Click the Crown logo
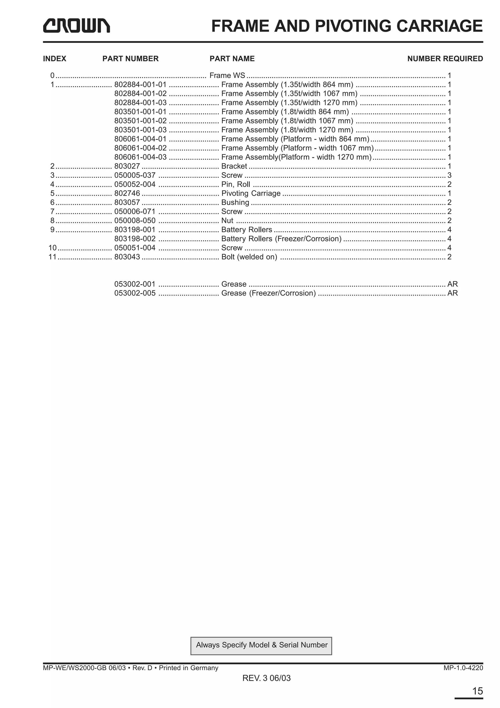click(76, 26)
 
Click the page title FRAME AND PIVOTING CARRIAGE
click(347, 26)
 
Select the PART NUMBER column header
click(130, 59)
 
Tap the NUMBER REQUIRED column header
click(445, 59)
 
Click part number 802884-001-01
click(140, 85)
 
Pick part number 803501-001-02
click(140, 121)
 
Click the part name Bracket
click(234, 166)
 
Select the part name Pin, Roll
click(236, 184)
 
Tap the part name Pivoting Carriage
click(251, 193)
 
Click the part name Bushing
click(235, 203)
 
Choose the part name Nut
click(227, 221)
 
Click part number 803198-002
click(135, 239)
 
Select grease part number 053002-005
click(135, 293)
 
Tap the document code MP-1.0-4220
click(463, 668)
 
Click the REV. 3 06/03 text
click(267, 678)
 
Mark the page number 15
click(478, 691)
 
